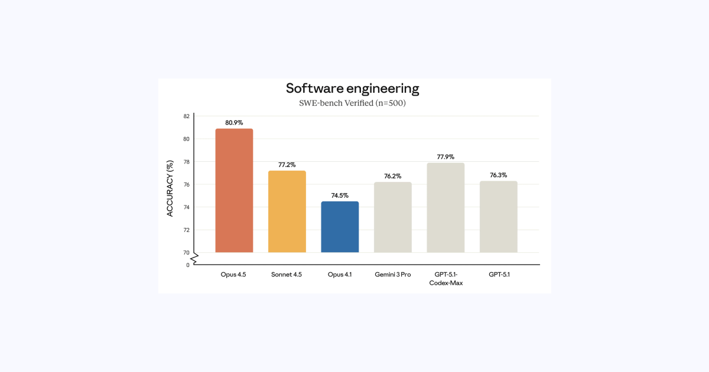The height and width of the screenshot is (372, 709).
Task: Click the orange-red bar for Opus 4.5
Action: coord(234,190)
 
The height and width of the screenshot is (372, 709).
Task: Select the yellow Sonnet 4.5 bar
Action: coord(287,211)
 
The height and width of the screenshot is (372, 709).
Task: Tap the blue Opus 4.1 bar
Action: coord(340,227)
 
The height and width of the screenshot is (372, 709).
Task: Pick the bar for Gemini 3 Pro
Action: coord(392,217)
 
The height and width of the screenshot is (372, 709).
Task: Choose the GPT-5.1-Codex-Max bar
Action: coord(445,207)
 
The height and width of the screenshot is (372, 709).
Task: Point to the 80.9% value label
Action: coord(234,123)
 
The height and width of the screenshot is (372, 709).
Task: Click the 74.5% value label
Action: coord(340,195)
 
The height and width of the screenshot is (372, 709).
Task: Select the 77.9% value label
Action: coord(445,157)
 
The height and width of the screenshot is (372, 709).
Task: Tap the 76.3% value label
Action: coord(499,175)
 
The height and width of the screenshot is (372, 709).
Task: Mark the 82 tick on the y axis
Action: coord(186,116)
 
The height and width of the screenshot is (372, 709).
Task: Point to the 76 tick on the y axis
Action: coord(186,185)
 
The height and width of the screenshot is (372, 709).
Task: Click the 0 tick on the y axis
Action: coord(188,265)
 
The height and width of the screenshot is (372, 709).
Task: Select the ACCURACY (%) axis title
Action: coord(170,188)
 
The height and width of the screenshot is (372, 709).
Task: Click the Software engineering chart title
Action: coord(353,89)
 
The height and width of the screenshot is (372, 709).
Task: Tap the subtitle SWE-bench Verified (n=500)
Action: coord(353,103)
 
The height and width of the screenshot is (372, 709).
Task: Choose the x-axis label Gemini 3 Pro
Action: coord(392,275)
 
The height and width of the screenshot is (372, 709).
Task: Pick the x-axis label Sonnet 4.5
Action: coord(287,275)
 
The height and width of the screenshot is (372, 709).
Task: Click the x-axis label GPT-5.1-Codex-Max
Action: coord(445,279)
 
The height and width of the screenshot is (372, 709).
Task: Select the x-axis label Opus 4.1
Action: coord(340,275)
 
